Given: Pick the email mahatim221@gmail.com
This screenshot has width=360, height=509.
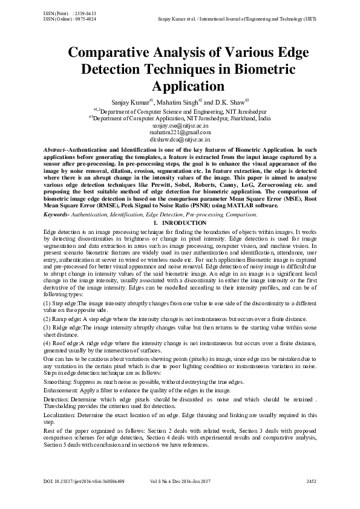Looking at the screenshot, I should (180, 132).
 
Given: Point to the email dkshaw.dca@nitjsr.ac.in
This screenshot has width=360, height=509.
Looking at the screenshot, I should (180, 138).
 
